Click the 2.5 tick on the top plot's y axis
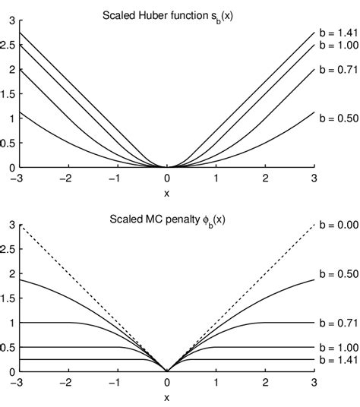click(8, 45)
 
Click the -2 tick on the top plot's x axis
click(68, 178)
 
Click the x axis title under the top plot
click(166, 191)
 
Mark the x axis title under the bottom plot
click(166, 396)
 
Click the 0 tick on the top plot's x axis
click(167, 178)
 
